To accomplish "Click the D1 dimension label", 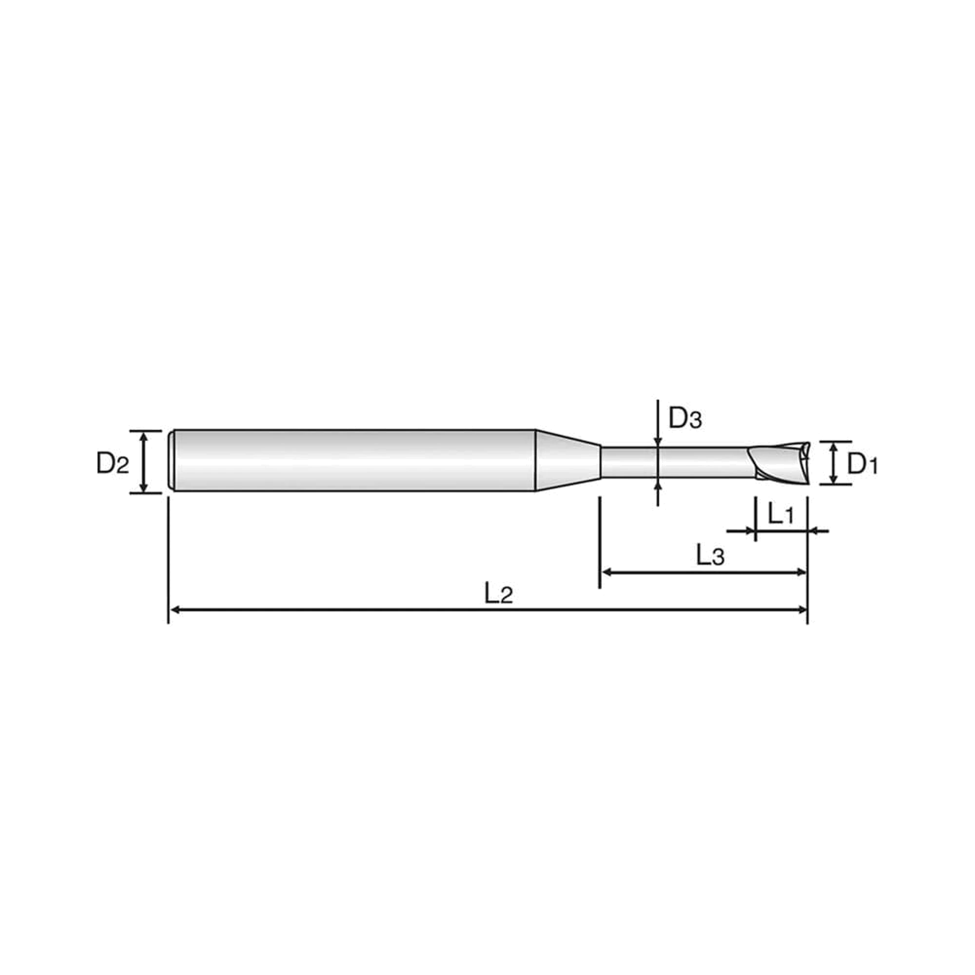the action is pos(862,464).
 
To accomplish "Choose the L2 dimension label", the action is pos(499,594).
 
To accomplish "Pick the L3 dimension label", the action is pos(711,556).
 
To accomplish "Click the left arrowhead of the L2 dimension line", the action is pos(175,610).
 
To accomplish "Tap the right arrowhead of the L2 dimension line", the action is pos(801,610).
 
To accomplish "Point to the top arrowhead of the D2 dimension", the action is pos(144,437).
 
